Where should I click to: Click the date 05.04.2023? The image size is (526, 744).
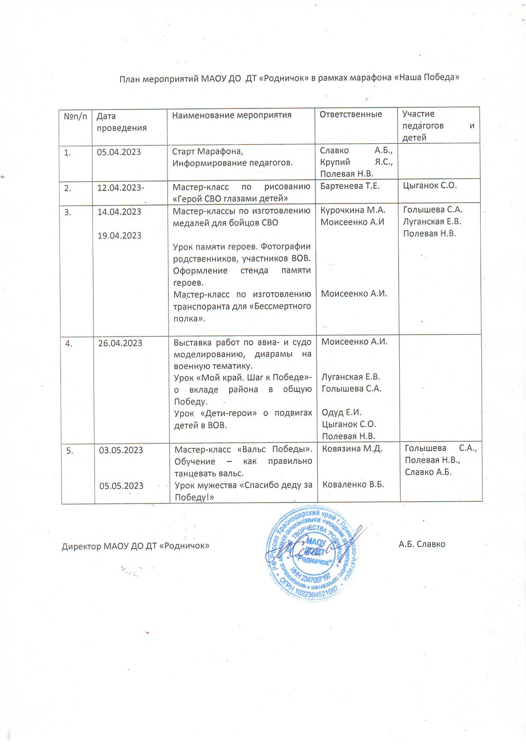click(119, 152)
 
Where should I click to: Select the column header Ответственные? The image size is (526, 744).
click(351, 114)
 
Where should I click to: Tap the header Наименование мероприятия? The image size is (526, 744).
click(232, 115)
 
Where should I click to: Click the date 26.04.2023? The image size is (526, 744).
click(120, 343)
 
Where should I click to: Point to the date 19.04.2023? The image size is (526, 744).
click(119, 236)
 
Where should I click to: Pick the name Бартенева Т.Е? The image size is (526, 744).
click(350, 186)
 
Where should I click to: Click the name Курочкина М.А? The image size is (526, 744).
click(353, 210)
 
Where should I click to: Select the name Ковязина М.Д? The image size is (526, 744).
click(352, 449)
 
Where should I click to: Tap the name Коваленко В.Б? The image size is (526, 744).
click(353, 485)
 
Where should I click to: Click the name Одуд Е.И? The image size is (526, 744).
click(342, 413)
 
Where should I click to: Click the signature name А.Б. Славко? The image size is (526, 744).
click(422, 544)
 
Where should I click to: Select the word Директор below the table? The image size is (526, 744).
click(81, 547)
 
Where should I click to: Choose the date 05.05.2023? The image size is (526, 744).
click(121, 486)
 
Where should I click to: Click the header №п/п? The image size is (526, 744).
click(76, 117)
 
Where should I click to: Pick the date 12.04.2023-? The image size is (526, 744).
click(121, 188)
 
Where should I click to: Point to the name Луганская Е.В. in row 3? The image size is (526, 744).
click(432, 222)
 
